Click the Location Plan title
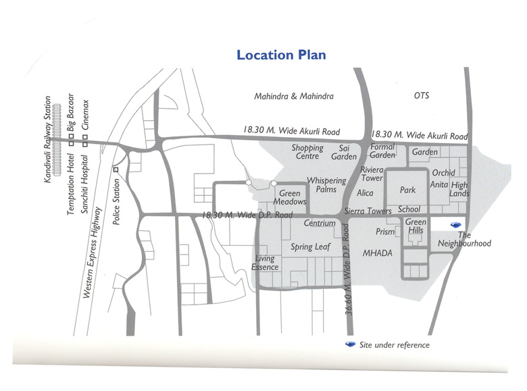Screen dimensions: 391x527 point(281,55)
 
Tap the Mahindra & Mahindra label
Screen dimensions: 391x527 point(294,97)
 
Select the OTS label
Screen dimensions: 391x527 point(422,97)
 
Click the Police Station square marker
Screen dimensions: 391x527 point(116,169)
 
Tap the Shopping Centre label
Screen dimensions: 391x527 point(307,152)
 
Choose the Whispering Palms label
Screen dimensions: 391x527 point(326,185)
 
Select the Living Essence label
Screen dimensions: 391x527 point(265,263)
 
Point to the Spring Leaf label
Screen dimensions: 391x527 point(311,247)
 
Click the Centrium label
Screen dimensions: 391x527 point(320,224)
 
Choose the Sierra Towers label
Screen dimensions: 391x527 point(368,211)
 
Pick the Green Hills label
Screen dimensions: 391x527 point(416,226)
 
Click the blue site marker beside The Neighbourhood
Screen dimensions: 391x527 point(457,225)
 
